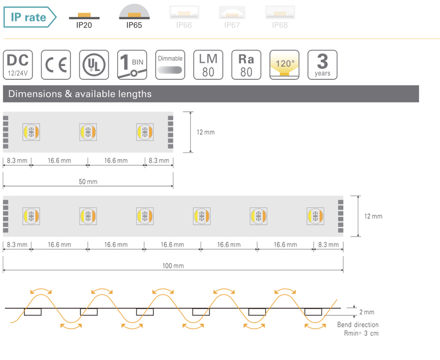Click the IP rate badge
[x=29, y=18]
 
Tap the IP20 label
[x=84, y=25]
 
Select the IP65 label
[x=134, y=25]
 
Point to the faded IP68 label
[x=280, y=25]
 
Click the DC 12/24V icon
[x=18, y=65]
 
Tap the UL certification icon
[x=94, y=65]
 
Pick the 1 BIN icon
[x=131, y=65]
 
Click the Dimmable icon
[x=170, y=65]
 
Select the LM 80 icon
[x=208, y=65]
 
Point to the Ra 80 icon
[x=246, y=65]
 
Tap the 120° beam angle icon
[x=284, y=65]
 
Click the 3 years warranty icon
[x=322, y=65]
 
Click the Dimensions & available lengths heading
[x=80, y=94]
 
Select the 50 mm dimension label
[x=88, y=182]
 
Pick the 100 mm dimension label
[x=173, y=266]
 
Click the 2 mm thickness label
[x=366, y=312]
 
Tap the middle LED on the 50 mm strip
[x=88, y=132]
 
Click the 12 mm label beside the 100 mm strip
[x=373, y=216]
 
